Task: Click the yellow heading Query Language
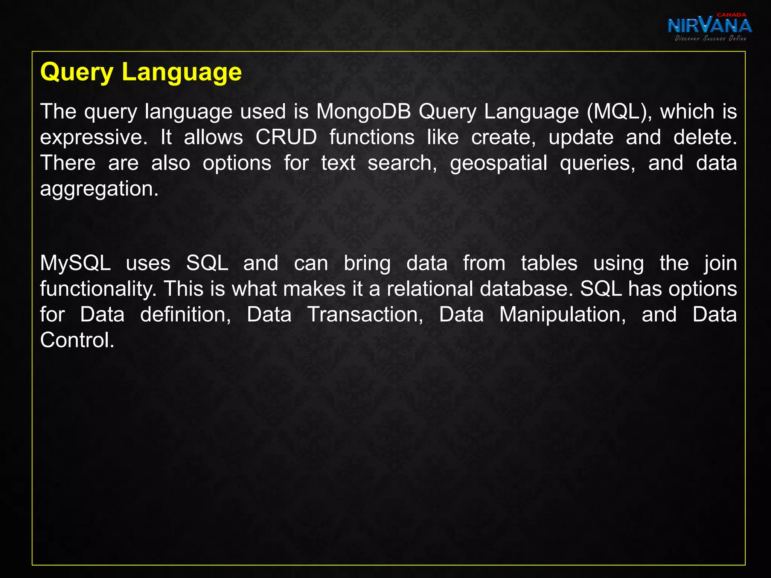coord(141,72)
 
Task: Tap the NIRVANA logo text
coord(709,26)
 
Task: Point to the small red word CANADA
coord(731,15)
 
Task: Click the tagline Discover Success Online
coord(710,38)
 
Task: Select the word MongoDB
coord(363,112)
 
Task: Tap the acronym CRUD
coord(286,137)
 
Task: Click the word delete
coord(705,137)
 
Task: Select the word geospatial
coord(498,164)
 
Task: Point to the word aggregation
coord(99,189)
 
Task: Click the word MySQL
coord(75,263)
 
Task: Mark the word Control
coord(77,340)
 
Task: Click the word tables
coord(549,263)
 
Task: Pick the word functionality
coord(98,289)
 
